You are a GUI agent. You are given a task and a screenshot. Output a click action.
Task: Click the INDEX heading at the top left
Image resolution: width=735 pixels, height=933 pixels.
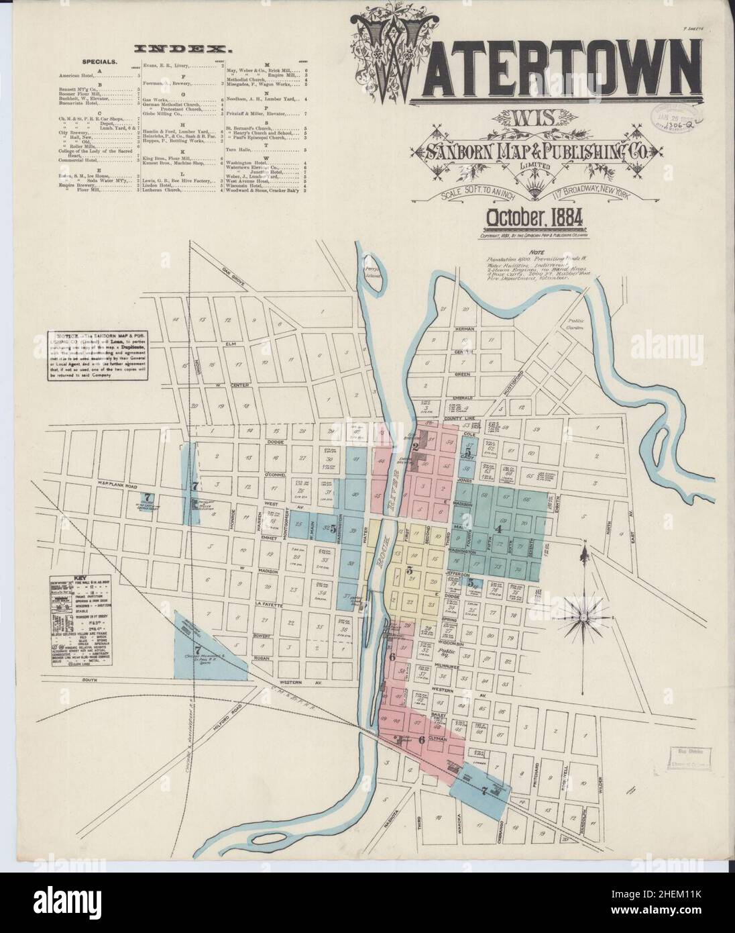(x=182, y=49)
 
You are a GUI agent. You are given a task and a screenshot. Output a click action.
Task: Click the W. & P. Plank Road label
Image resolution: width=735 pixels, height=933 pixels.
(x=78, y=469)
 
